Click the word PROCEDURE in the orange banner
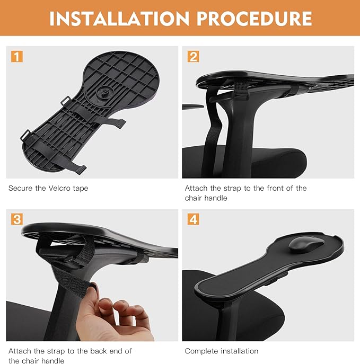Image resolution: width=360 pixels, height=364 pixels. pyautogui.click(x=254, y=19)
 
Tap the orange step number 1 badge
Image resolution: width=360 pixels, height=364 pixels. pyautogui.click(x=17, y=57)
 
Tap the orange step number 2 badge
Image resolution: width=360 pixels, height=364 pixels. pyautogui.click(x=193, y=57)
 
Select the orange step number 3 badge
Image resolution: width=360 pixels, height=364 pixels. pyautogui.click(x=17, y=219)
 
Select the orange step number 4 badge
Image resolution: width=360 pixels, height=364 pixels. pyautogui.click(x=193, y=219)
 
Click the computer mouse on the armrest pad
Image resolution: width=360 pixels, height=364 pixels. pyautogui.click(x=306, y=245)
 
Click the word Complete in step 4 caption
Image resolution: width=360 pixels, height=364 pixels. pyautogui.click(x=200, y=351)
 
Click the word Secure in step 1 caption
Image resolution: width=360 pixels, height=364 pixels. pyautogui.click(x=21, y=188)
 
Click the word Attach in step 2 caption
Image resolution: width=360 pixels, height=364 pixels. pyautogui.click(x=196, y=188)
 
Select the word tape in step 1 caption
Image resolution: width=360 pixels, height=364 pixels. pyautogui.click(x=81, y=189)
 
